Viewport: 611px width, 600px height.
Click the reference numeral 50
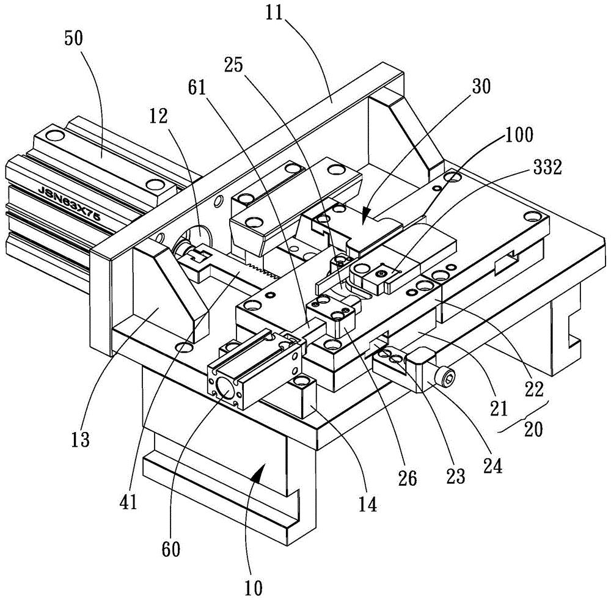coord(74,39)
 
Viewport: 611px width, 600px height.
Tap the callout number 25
coord(233,65)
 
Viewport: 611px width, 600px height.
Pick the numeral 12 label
coord(158,115)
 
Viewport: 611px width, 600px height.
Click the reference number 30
coord(481,87)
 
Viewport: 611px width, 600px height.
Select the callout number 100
coord(519,134)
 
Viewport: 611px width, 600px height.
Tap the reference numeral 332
coord(547,167)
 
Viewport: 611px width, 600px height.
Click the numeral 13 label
coord(80,439)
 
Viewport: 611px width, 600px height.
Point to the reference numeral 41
coord(128,502)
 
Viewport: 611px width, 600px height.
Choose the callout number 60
coord(170,549)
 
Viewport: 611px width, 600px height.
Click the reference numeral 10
coord(254,588)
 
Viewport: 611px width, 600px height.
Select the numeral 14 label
coord(368,505)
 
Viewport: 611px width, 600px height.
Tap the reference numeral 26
coord(408,478)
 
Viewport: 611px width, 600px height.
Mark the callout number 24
coord(492,466)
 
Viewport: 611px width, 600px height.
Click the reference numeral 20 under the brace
coord(533,430)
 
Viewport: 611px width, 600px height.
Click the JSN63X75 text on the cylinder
coord(70,203)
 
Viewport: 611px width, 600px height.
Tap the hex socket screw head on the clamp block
coord(448,377)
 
